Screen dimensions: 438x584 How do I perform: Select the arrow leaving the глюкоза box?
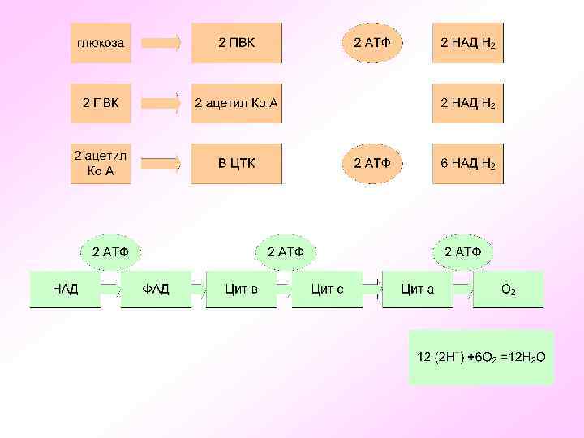162,43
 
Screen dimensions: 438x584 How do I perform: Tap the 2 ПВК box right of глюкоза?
236,43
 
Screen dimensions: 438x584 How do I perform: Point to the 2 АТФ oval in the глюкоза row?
372,43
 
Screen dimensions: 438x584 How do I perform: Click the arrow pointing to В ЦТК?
162,164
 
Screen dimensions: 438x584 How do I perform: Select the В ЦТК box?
236,163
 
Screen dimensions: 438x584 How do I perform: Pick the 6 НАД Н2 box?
467,163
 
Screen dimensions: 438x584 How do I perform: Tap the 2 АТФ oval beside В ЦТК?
372,163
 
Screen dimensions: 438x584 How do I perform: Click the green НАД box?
65,290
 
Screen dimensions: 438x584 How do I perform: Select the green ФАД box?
156,290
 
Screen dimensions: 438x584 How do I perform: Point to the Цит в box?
242,290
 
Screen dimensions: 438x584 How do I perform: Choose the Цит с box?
328,290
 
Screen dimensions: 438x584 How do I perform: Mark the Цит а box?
418,290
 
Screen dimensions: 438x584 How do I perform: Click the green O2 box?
509,290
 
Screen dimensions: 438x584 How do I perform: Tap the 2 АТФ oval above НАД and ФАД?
109,251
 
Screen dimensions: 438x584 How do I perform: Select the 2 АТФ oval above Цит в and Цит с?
286,251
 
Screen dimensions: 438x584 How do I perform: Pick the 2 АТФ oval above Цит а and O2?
462,251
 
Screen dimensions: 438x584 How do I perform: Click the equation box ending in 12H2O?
481,357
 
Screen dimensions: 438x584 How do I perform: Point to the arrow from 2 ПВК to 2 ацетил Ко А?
162,104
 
